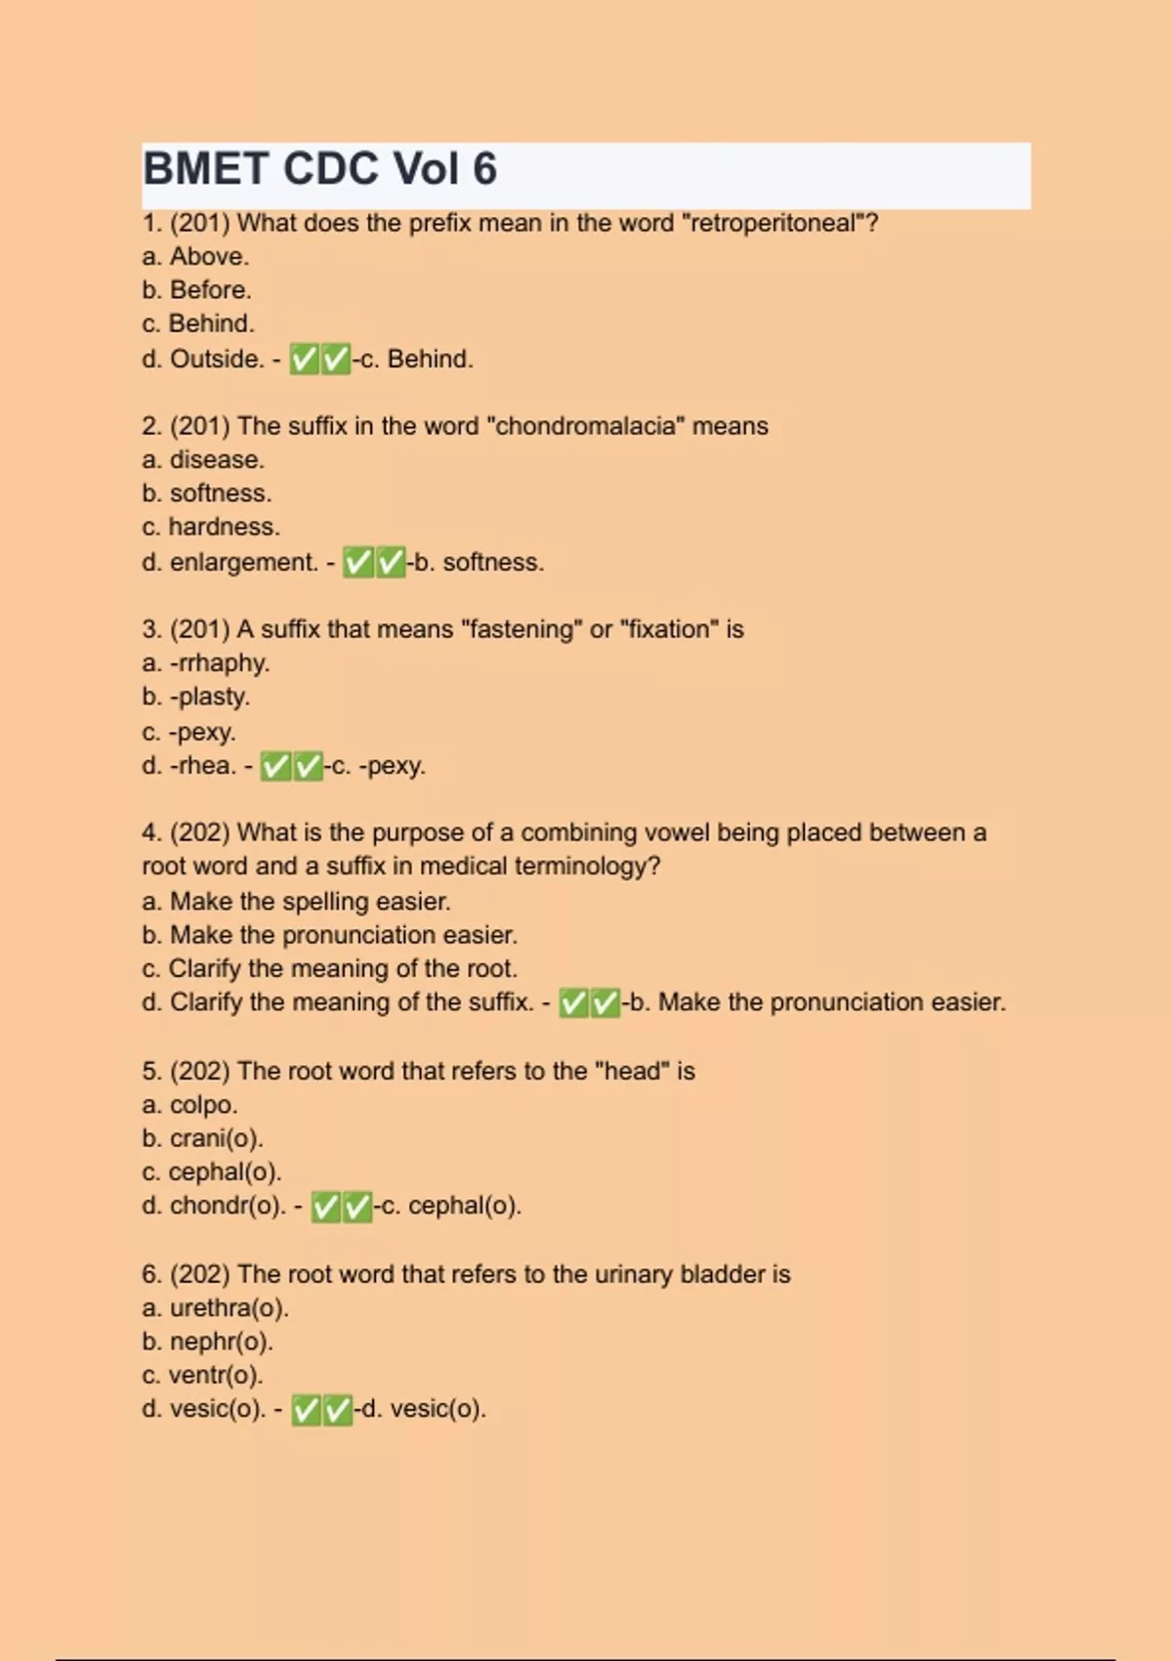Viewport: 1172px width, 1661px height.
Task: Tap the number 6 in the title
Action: pos(484,169)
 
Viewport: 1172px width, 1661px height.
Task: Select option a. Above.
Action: pos(195,257)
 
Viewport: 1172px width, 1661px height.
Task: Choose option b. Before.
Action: pos(196,290)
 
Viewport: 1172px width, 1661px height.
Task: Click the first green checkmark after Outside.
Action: pos(305,360)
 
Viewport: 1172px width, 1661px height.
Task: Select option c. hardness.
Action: pos(211,527)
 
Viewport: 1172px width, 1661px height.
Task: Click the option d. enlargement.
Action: pos(230,563)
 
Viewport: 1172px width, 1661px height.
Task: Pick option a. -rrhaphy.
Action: pos(206,663)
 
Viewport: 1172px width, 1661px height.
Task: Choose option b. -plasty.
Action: pos(196,697)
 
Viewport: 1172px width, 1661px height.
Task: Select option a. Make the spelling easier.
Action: pos(296,902)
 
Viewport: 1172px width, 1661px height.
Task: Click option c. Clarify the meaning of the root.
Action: pos(330,968)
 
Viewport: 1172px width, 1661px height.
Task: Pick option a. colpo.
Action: pos(189,1105)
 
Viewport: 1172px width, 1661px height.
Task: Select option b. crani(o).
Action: pos(202,1138)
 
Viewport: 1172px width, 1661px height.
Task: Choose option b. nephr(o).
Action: pos(207,1342)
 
